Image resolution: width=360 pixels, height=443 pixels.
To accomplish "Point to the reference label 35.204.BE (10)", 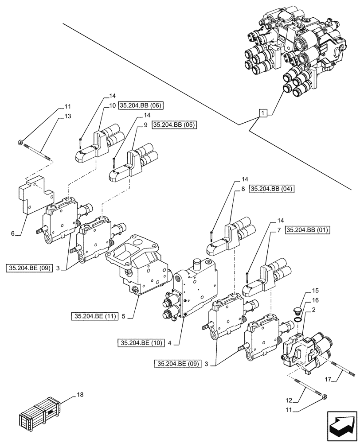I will (140, 342).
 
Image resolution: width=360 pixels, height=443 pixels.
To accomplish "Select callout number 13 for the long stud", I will (67, 116).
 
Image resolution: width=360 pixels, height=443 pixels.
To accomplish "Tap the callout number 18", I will (80, 394).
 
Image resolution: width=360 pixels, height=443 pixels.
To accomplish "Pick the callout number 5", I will (124, 317).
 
